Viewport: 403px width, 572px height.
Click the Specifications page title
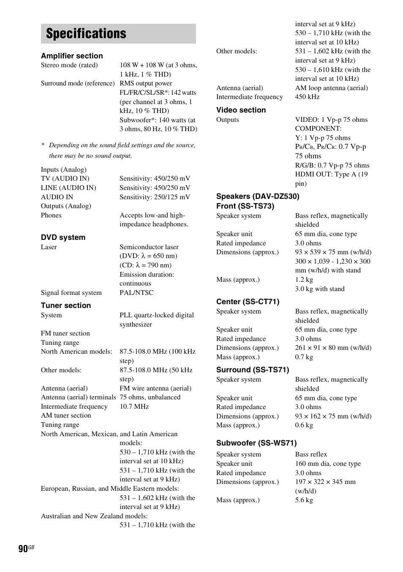[86, 34]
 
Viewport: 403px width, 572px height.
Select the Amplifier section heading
[72, 56]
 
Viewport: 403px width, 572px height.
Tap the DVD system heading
[63, 237]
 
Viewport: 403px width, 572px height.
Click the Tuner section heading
[66, 305]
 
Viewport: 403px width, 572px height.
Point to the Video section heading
[241, 110]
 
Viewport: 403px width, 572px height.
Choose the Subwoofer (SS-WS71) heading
[256, 443]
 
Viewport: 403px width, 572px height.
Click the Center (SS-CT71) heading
[248, 302]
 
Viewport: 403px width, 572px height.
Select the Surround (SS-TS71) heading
[253, 370]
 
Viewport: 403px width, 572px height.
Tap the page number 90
[23, 549]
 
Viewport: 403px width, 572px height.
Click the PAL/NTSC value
[136, 293]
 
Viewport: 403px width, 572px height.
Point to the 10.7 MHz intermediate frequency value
[134, 407]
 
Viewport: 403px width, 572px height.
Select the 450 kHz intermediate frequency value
[307, 97]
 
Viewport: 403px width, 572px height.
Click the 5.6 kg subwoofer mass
[304, 500]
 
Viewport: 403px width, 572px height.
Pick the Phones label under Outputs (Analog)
[51, 215]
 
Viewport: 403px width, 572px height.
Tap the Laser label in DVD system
[49, 247]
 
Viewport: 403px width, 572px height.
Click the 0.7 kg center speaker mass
[304, 357]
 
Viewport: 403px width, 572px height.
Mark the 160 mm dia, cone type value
[328, 464]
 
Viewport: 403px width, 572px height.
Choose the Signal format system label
[71, 293]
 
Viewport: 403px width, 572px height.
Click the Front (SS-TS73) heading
[245, 206]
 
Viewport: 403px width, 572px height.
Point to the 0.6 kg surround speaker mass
[304, 425]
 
